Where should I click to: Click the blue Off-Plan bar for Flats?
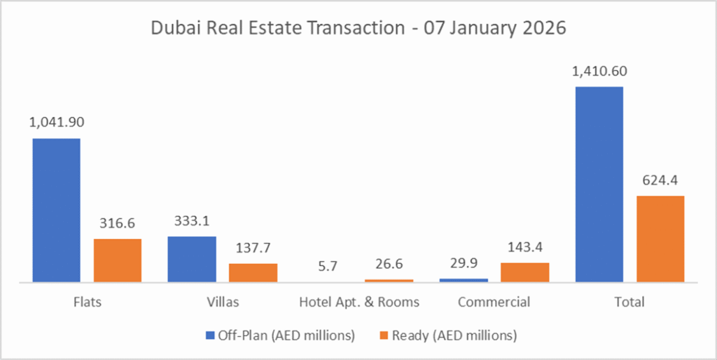[x=56, y=210]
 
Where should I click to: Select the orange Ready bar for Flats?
[x=118, y=261]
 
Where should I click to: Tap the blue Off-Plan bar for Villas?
[x=192, y=259]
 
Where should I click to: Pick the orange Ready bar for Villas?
[x=253, y=272]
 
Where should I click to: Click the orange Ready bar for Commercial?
[x=525, y=272]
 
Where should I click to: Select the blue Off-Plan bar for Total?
[x=599, y=184]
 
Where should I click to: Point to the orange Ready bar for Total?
[x=660, y=239]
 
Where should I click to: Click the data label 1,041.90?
[x=56, y=122]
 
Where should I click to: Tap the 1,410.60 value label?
[x=599, y=71]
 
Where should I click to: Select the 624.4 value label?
[x=660, y=179]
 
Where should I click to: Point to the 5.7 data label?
[x=328, y=265]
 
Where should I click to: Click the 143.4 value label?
[x=525, y=247]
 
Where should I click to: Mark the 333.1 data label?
[x=192, y=221]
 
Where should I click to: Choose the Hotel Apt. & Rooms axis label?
[x=359, y=303]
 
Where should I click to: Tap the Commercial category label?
[x=494, y=303]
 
